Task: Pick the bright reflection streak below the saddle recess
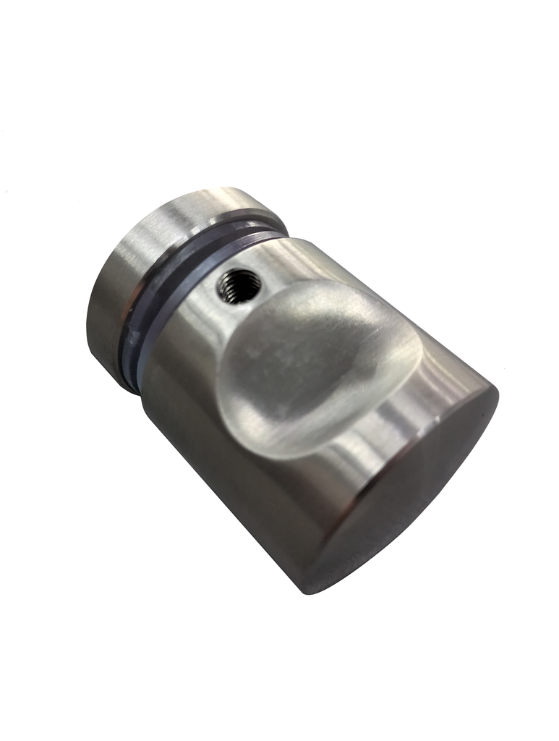(x=347, y=463)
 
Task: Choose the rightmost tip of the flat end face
(x=498, y=394)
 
